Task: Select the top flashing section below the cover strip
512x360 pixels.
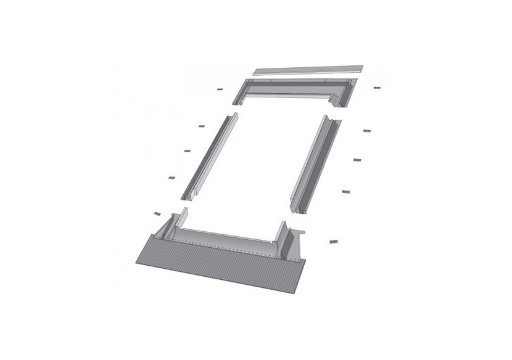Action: click(290, 92)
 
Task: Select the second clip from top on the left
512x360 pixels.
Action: click(201, 126)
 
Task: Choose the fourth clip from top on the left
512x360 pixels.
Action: click(171, 179)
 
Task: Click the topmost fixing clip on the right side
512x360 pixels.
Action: click(378, 88)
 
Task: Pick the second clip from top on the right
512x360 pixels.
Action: click(366, 131)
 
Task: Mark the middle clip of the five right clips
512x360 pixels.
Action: click(357, 160)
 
